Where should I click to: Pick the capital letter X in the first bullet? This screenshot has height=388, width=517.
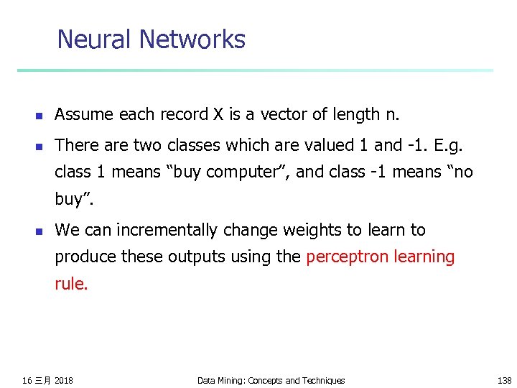click(x=218, y=114)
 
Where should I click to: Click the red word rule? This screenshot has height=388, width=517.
click(x=71, y=284)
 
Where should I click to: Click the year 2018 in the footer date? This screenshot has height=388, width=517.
click(x=63, y=380)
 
